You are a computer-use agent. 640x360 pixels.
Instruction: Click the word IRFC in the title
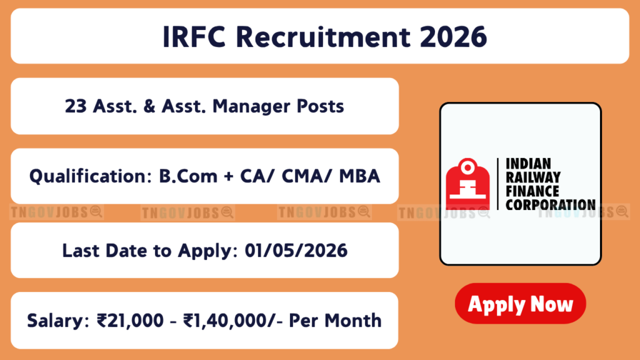[194, 37]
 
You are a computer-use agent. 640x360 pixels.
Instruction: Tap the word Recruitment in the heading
[322, 37]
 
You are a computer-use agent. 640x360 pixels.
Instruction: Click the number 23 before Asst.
[76, 106]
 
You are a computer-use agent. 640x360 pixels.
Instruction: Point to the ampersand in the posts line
[149, 106]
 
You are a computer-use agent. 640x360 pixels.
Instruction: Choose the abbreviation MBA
[359, 176]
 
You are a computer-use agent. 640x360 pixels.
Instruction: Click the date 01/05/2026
[296, 251]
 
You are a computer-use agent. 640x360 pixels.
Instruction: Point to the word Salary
[57, 321]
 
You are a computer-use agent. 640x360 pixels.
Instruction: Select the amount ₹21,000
[130, 321]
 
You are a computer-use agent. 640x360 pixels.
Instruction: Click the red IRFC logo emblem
[467, 184]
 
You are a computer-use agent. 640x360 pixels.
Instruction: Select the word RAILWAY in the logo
[533, 177]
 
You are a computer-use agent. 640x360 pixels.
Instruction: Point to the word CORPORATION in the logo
[551, 204]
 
